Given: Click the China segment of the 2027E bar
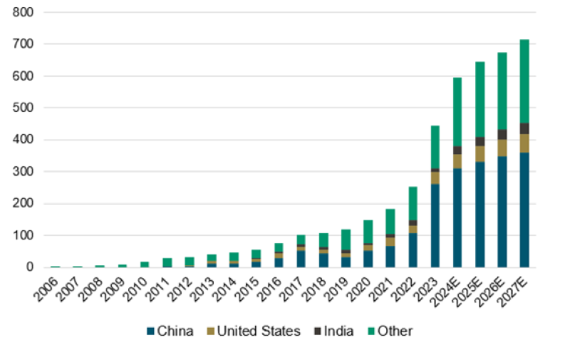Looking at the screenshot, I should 524,210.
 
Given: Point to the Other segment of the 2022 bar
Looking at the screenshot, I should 413,203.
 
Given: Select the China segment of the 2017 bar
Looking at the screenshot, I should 301,259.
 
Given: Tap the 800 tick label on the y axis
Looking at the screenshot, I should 24,13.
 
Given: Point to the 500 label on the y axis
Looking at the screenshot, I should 24,108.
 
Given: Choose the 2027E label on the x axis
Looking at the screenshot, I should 519,289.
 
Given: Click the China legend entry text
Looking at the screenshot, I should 176,331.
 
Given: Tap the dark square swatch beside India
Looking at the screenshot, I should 318,331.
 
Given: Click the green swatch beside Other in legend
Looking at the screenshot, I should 371,331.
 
